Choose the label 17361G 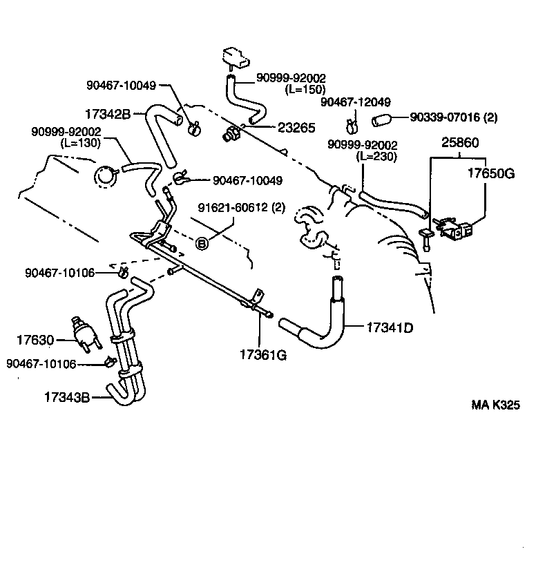point(262,355)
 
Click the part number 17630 point(35,339)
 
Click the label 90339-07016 point(443,118)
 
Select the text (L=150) point(305,89)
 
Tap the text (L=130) point(81,143)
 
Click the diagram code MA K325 point(495,405)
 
